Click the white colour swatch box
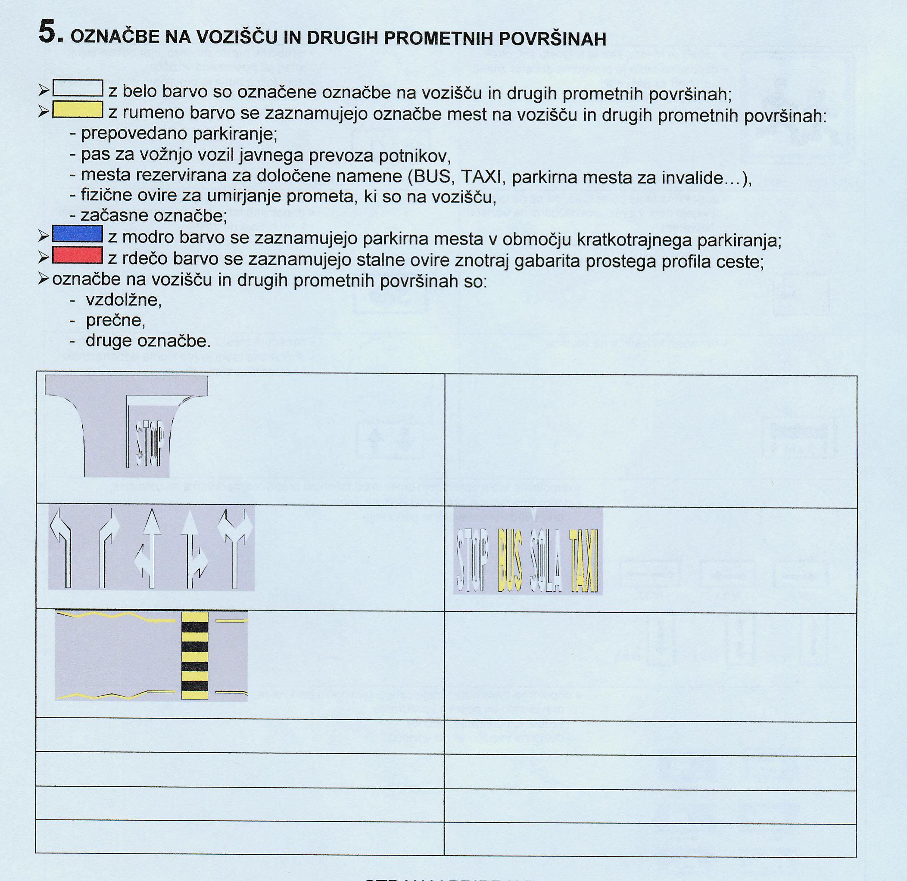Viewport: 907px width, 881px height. (x=78, y=88)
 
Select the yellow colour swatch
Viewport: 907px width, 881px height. (x=78, y=111)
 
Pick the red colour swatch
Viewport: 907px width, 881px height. (x=78, y=255)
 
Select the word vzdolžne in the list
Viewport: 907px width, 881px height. (x=124, y=300)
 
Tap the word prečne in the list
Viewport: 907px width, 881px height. (x=116, y=321)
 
